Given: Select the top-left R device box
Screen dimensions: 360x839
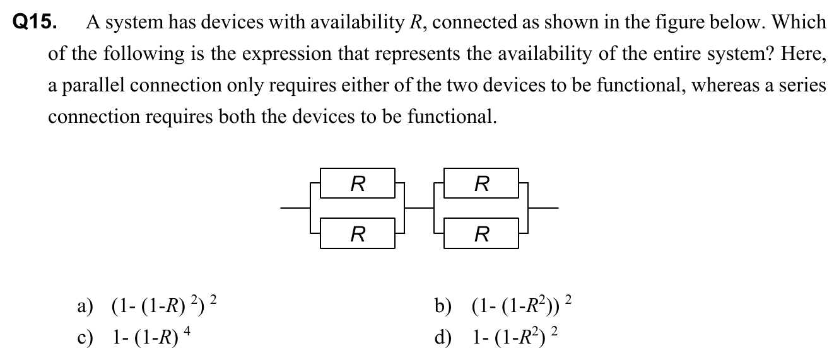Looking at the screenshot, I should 358,184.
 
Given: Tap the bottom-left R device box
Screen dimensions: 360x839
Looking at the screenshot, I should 358,235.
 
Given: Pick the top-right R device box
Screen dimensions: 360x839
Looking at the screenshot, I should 481,184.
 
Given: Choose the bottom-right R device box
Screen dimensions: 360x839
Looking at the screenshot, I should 481,235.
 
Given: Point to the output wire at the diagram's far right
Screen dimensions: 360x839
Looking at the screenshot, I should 544,207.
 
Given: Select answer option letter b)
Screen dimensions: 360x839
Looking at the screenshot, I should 443,307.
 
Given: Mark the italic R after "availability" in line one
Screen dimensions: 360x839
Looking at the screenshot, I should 416,23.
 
